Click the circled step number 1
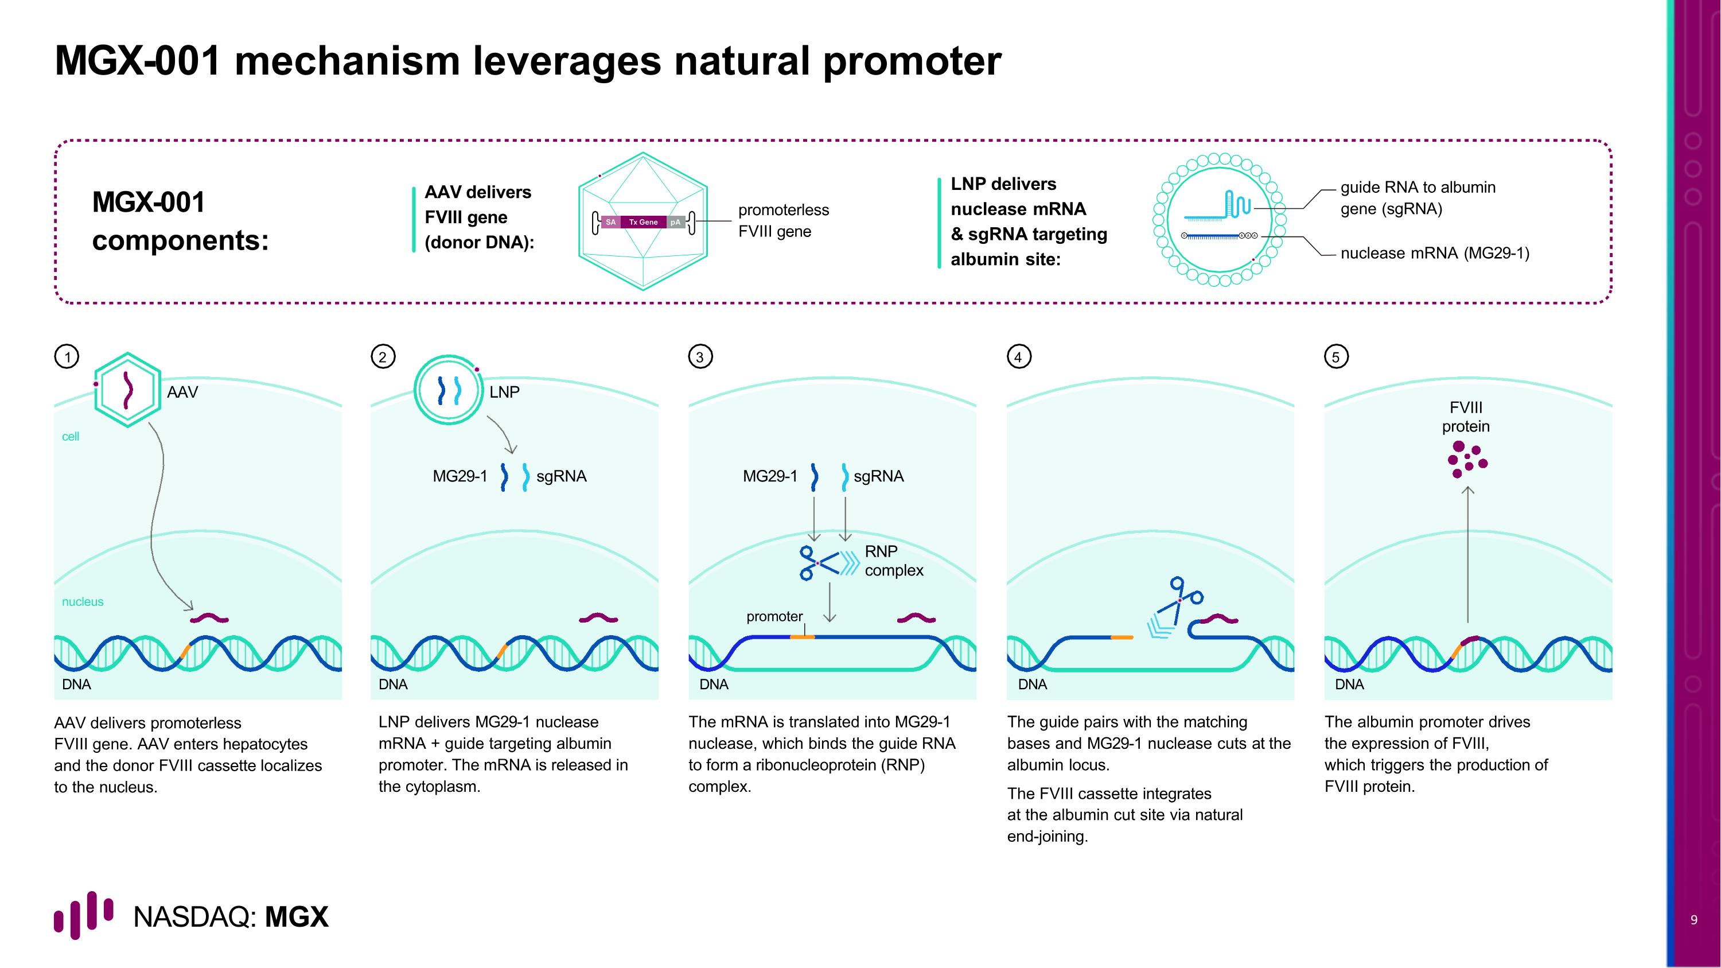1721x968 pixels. [67, 357]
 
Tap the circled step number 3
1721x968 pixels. [700, 357]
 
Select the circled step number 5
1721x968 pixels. [1336, 357]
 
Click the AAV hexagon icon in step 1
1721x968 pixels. [127, 390]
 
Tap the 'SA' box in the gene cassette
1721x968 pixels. [610, 222]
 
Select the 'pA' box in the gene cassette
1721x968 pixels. [675, 222]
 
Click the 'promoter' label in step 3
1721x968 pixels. [774, 617]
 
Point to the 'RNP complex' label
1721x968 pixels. [893, 561]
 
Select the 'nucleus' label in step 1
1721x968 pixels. [83, 601]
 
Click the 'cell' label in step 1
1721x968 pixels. [70, 436]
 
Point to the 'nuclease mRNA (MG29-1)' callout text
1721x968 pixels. [1434, 253]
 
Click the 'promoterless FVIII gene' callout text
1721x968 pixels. [783, 220]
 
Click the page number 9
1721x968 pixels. [1693, 920]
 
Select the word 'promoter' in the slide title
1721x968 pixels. [912, 61]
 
